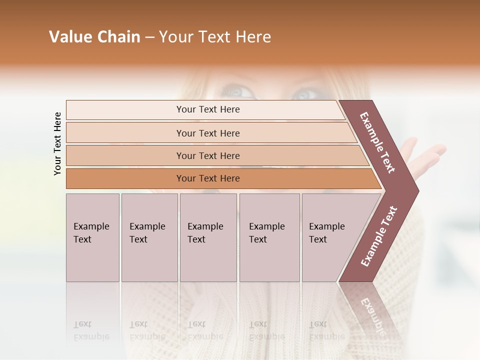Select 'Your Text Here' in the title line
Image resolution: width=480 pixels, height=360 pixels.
215,37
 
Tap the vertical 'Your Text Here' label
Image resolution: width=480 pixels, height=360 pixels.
57,143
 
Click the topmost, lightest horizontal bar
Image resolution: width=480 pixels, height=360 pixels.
207,109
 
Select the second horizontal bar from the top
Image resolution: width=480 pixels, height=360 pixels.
207,133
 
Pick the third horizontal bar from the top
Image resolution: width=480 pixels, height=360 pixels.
207,155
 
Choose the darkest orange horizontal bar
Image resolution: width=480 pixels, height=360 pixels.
207,178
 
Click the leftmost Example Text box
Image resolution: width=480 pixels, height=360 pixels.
92,237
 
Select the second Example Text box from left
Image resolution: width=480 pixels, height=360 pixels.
149,237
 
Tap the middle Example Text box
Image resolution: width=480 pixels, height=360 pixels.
208,237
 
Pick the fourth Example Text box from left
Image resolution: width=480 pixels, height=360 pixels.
269,237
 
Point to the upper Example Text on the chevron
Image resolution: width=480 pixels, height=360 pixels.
378,142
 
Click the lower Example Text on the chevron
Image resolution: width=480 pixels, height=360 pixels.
379,236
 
